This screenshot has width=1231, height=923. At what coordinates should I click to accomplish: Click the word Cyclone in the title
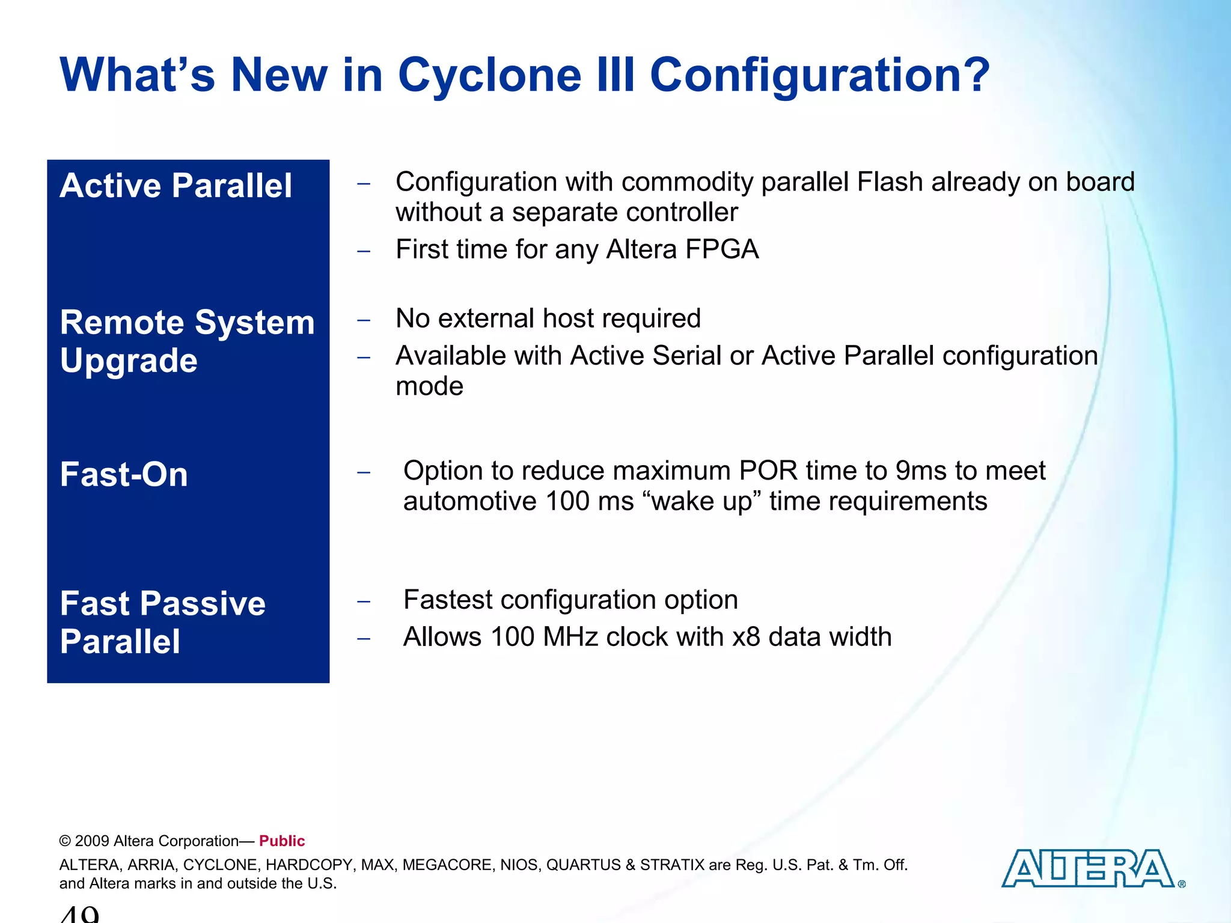point(489,75)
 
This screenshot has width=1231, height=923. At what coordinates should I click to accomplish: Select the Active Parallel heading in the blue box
point(176,185)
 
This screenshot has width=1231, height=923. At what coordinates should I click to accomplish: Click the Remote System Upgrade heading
point(187,341)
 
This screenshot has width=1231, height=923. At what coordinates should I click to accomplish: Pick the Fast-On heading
point(124,475)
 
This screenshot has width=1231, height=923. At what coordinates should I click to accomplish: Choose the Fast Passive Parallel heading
point(162,622)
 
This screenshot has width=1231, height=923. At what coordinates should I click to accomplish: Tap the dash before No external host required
point(363,320)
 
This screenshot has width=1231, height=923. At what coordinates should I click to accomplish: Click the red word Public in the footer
point(282,841)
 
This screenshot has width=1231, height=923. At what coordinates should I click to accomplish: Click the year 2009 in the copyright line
point(92,841)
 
